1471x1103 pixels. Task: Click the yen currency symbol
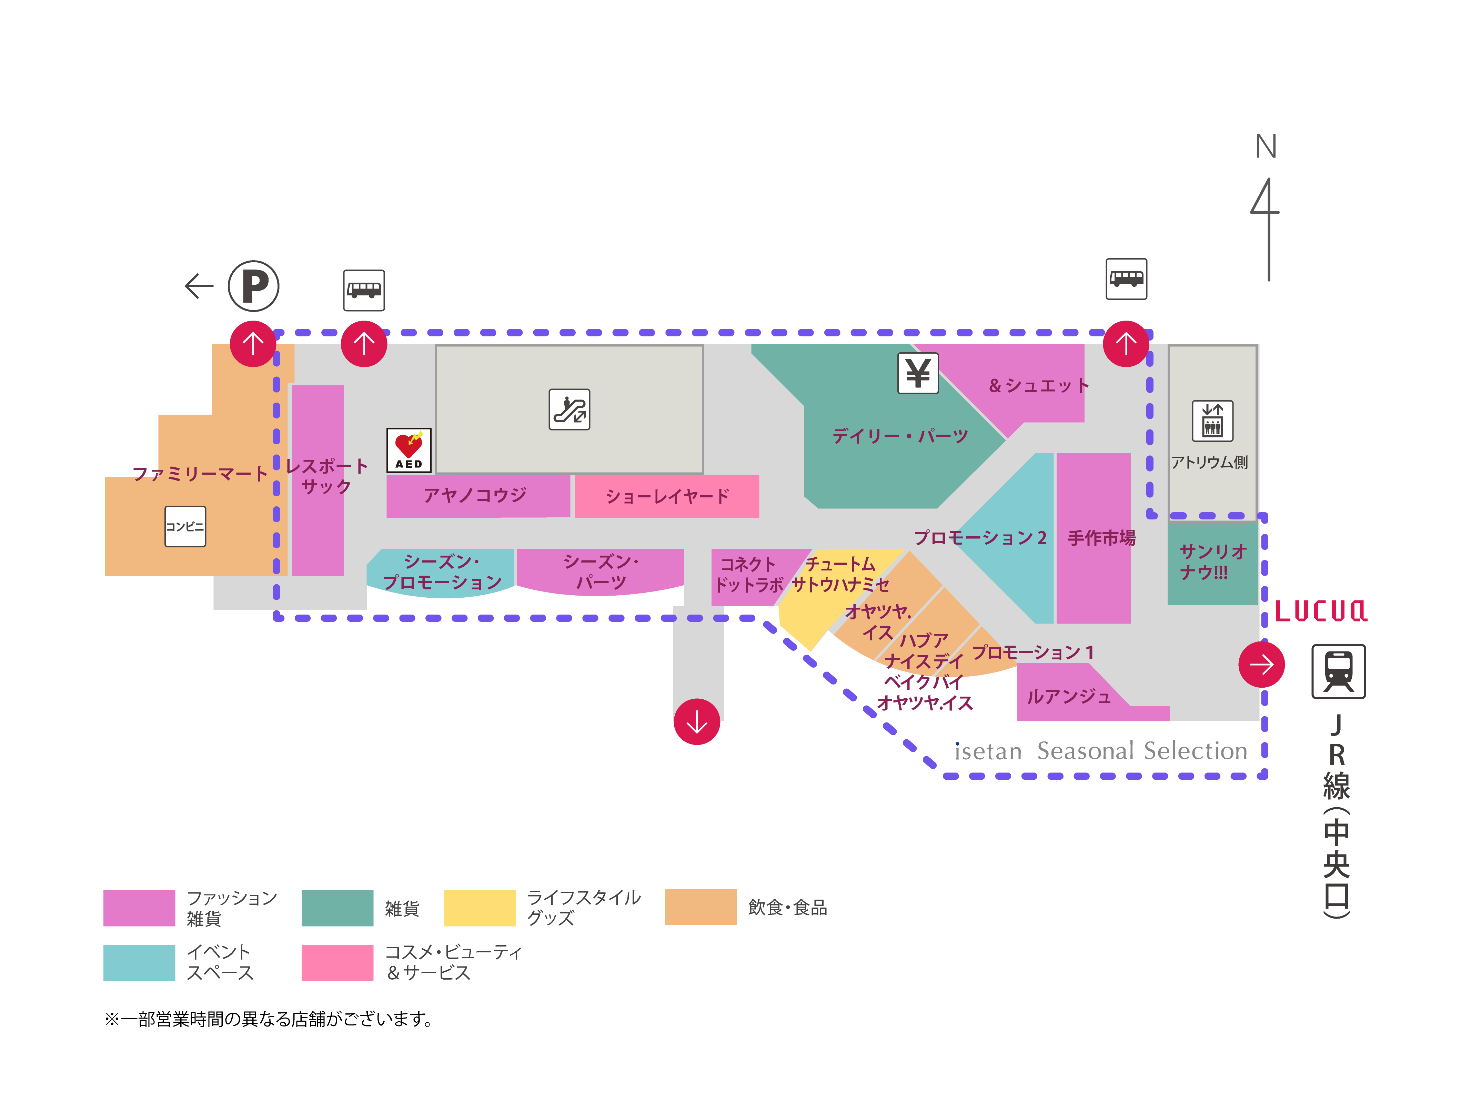[x=918, y=373]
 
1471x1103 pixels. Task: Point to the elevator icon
[x=1212, y=421]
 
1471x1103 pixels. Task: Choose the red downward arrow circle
[x=696, y=721]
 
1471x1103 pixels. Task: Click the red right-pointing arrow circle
[x=1261, y=664]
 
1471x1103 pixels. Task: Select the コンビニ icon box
[x=185, y=527]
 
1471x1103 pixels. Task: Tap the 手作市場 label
[x=1101, y=538]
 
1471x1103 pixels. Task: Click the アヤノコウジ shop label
[x=475, y=495]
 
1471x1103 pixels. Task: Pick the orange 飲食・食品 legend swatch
[x=700, y=907]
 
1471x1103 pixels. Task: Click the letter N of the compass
[x=1266, y=146]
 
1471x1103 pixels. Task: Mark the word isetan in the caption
[x=988, y=751]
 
